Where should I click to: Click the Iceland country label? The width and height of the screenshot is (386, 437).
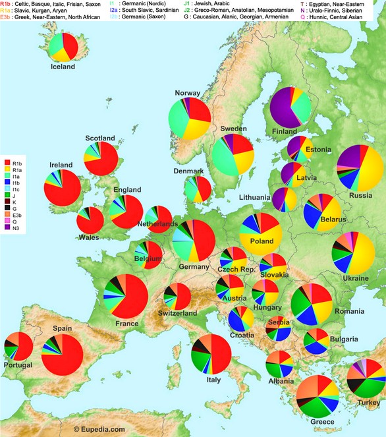(63, 67)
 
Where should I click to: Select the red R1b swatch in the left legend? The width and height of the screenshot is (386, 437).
(9, 161)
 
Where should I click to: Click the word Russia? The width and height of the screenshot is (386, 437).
(360, 195)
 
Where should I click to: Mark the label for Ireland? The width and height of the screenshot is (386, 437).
(61, 165)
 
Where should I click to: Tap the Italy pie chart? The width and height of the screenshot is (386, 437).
(211, 353)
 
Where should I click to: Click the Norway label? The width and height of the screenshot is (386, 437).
(187, 93)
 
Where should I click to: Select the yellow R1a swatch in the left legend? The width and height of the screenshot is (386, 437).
(9, 169)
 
